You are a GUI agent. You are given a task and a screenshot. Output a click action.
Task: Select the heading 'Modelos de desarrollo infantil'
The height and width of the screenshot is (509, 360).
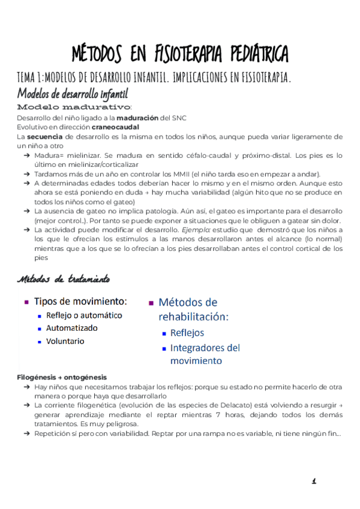[72, 94]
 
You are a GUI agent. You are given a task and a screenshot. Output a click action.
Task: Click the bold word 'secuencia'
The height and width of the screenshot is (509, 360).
[42, 137]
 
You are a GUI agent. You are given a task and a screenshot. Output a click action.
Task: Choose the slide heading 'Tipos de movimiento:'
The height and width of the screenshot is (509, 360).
[80, 301]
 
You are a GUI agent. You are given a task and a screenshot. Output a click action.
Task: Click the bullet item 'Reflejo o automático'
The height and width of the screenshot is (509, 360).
[84, 315]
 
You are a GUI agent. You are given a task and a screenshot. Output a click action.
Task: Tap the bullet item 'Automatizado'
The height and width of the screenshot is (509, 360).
[71, 328]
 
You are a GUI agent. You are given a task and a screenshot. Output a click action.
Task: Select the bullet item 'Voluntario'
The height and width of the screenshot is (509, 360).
[65, 342]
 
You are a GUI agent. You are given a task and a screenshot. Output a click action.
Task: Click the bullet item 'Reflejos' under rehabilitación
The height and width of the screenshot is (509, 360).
[187, 333]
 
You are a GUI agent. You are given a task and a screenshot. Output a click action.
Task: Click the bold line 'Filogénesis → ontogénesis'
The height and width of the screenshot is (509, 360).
[62, 377]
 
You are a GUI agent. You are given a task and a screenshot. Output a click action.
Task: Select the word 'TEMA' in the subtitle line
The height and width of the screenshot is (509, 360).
[26, 77]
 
